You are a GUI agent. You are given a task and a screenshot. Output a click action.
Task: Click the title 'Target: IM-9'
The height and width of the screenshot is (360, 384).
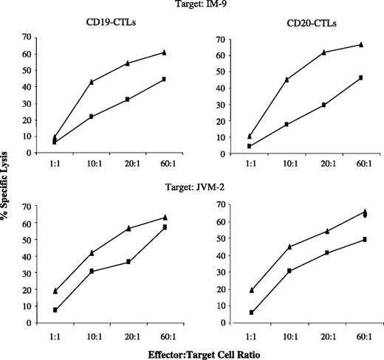pos(191,7)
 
